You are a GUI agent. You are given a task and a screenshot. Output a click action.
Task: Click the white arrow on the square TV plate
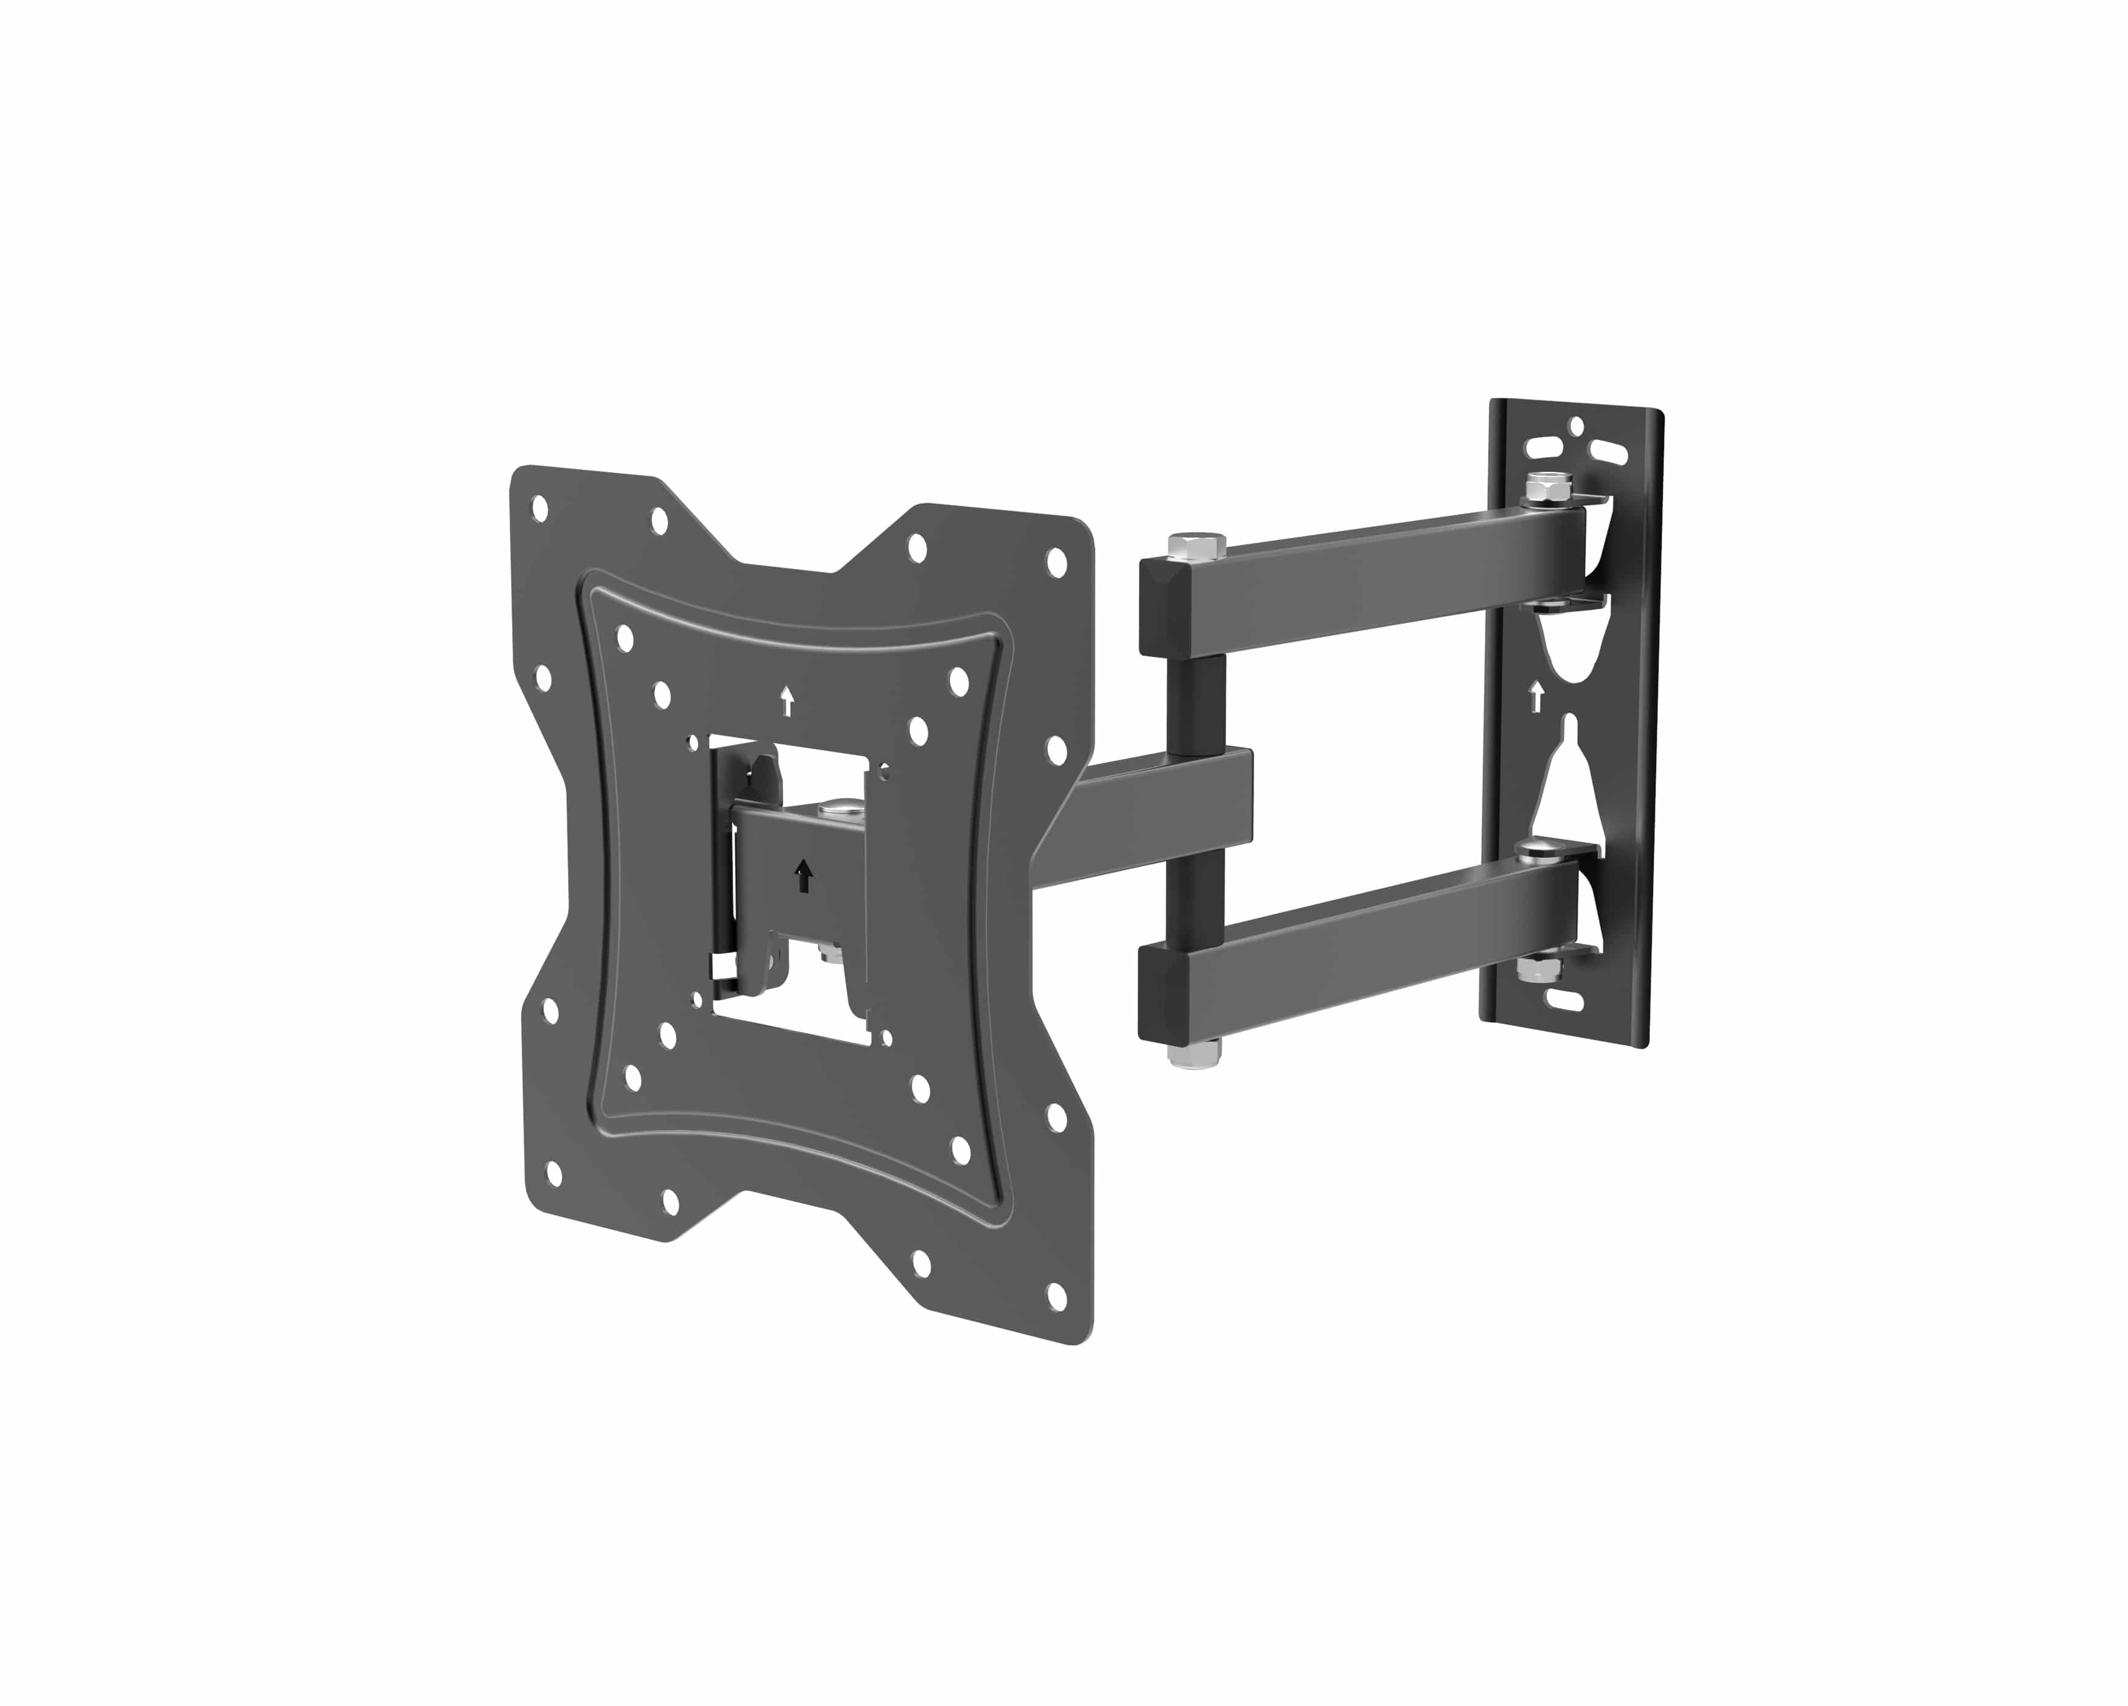787,701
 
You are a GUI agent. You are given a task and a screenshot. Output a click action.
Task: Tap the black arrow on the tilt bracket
803,875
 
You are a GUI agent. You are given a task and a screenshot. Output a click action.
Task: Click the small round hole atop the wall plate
1577,426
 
